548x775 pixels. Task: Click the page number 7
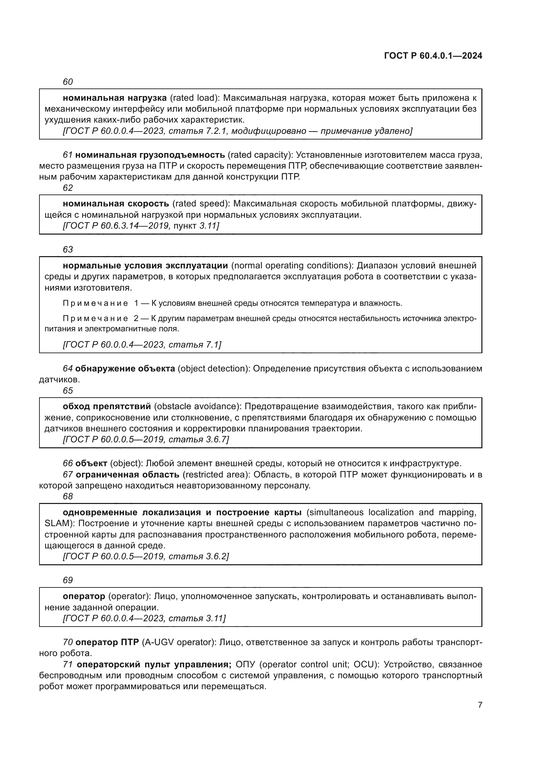(x=480, y=705)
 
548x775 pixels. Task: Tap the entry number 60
(x=68, y=82)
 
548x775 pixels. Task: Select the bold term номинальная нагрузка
(x=115, y=98)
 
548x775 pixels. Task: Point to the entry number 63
(x=68, y=249)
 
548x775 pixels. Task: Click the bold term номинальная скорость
(x=116, y=203)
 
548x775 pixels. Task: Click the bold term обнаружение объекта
(x=125, y=368)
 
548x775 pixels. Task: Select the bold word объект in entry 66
(x=91, y=464)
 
